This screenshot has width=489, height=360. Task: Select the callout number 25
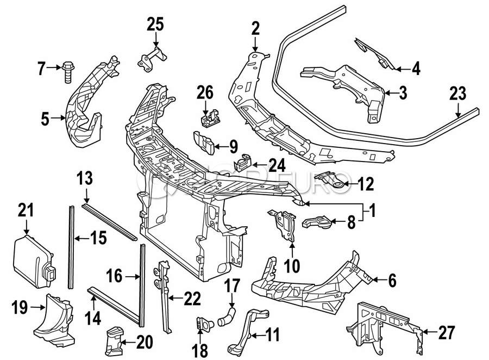coord(155,24)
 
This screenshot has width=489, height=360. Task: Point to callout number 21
coord(26,210)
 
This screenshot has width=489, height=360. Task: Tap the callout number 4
coord(416,69)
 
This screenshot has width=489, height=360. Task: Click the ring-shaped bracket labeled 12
coord(333,181)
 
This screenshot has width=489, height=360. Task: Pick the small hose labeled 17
coord(228,316)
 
